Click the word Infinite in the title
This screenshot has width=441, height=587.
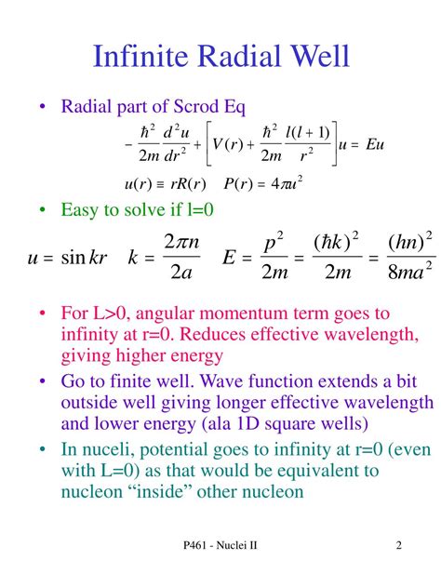pyautogui.click(x=140, y=56)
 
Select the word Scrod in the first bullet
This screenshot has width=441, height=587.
pyautogui.click(x=196, y=106)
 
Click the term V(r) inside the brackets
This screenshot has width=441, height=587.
pyautogui.click(x=228, y=144)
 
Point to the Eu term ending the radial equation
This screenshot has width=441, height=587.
pyautogui.click(x=375, y=144)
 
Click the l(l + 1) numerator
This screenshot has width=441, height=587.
pyautogui.click(x=307, y=132)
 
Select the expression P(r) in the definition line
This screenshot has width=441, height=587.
pyautogui.click(x=238, y=184)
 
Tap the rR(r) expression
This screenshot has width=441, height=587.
pyautogui.click(x=188, y=184)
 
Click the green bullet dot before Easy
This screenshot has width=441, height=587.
pyautogui.click(x=42, y=210)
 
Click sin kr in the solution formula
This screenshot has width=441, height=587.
pyautogui.click(x=84, y=258)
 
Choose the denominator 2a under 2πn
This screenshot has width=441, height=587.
pyautogui.click(x=181, y=272)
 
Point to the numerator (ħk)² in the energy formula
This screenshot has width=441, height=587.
pyautogui.click(x=336, y=242)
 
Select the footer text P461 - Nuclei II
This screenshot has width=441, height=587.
pyautogui.click(x=220, y=545)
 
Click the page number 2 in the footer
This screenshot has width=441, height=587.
pyautogui.click(x=399, y=545)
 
